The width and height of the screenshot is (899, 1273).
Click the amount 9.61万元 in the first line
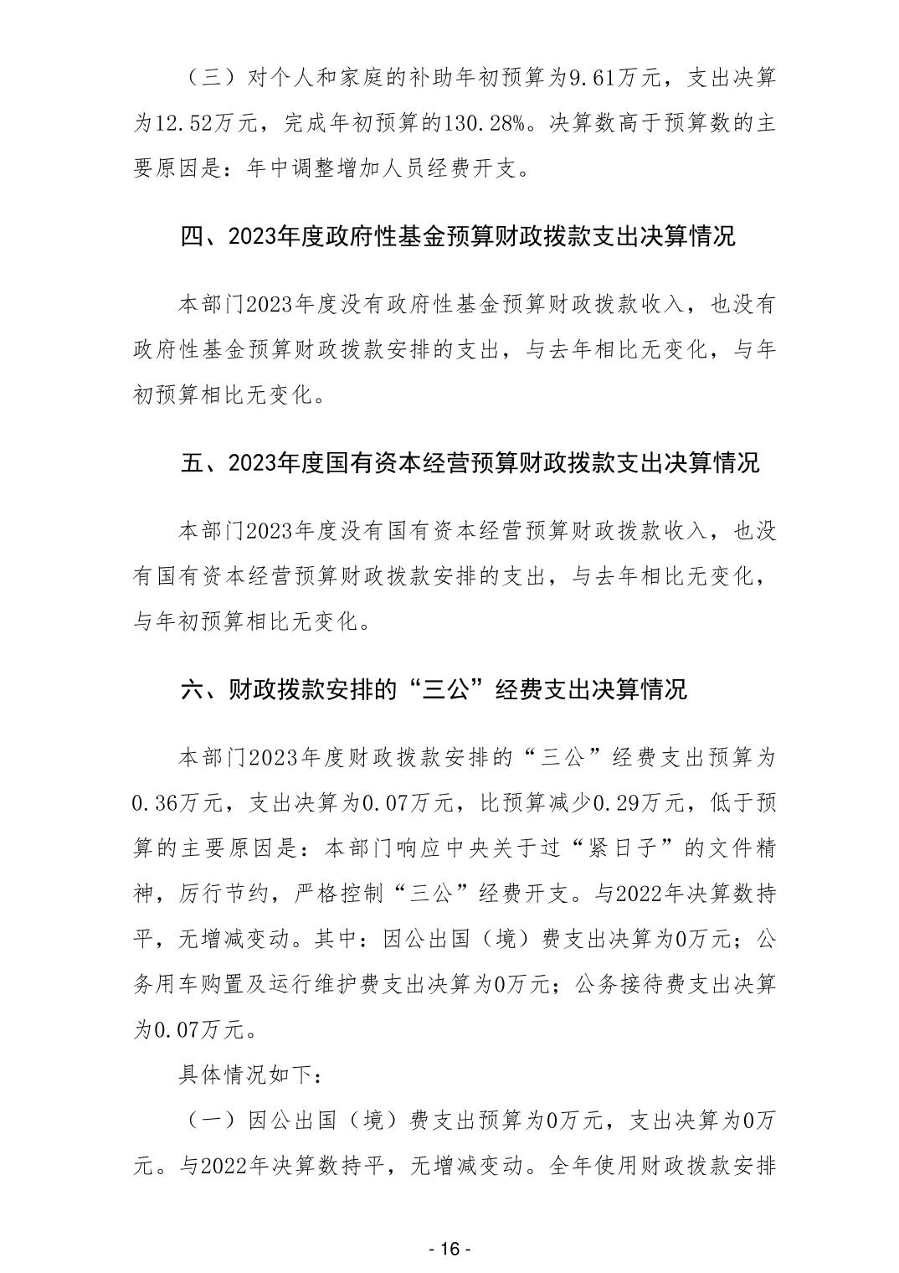pos(616,80)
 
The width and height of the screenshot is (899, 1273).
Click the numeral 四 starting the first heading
pos(192,237)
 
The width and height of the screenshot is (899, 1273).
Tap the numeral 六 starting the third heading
pos(192,688)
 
